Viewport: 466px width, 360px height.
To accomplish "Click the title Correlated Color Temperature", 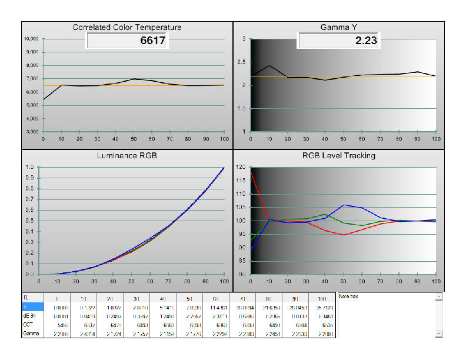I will pyautogui.click(x=127, y=27).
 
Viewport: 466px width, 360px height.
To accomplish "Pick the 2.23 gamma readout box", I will pyautogui.click(x=339, y=41).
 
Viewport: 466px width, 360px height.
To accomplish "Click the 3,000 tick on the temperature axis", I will pyautogui.click(x=32, y=132).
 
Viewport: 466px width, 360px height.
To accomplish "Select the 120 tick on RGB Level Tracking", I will pyautogui.click(x=241, y=167).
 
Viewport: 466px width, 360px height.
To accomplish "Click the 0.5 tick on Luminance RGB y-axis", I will pyautogui.click(x=29, y=221).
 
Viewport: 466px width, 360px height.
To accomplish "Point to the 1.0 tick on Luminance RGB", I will pyautogui.click(x=29, y=167).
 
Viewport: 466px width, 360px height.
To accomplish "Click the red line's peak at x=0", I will pyautogui.click(x=252, y=174).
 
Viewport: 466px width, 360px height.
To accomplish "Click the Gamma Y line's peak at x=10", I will pyautogui.click(x=269, y=65).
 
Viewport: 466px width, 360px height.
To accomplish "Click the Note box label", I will pyautogui.click(x=349, y=296).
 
